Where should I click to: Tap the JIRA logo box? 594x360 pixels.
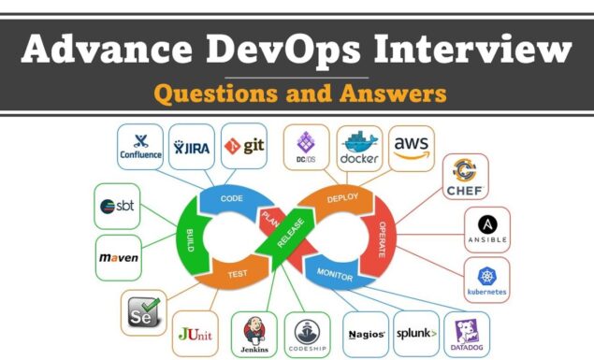point(191,147)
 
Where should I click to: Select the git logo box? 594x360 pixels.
point(242,146)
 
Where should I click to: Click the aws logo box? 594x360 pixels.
point(412,147)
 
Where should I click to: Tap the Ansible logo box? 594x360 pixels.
point(487,229)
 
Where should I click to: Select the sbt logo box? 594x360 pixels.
point(119,206)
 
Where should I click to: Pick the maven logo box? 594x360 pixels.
point(119,254)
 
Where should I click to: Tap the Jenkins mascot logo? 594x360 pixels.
point(254,335)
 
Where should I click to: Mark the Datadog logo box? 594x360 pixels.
point(466,335)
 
